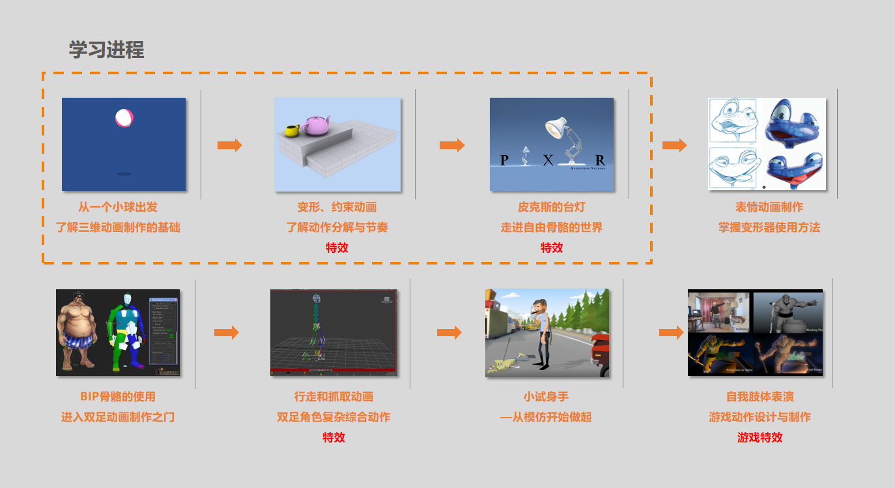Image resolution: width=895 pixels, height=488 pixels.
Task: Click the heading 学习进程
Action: (106, 50)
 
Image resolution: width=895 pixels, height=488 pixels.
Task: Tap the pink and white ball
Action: (124, 117)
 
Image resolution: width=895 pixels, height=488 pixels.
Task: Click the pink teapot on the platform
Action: (314, 125)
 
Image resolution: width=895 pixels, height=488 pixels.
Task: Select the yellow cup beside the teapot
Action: (291, 130)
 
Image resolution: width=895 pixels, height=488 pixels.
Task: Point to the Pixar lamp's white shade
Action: (554, 128)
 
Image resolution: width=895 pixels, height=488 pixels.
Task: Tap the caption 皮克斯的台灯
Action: (551, 207)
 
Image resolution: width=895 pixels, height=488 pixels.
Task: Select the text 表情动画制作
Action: (769, 207)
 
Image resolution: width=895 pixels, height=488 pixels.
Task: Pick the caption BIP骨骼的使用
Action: (118, 396)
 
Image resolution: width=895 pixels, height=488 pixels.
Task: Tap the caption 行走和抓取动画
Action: (334, 396)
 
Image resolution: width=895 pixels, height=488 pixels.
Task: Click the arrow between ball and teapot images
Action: (229, 145)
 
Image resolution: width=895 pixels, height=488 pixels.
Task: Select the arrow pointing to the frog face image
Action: (674, 145)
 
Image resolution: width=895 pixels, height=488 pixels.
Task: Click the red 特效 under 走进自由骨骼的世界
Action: (551, 248)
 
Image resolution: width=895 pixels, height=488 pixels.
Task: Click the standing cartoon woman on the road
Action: (540, 332)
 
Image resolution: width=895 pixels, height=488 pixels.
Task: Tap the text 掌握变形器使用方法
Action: (769, 227)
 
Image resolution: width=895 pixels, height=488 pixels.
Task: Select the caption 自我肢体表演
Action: (760, 396)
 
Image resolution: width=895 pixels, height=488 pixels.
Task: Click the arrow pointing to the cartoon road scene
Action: (449, 332)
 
